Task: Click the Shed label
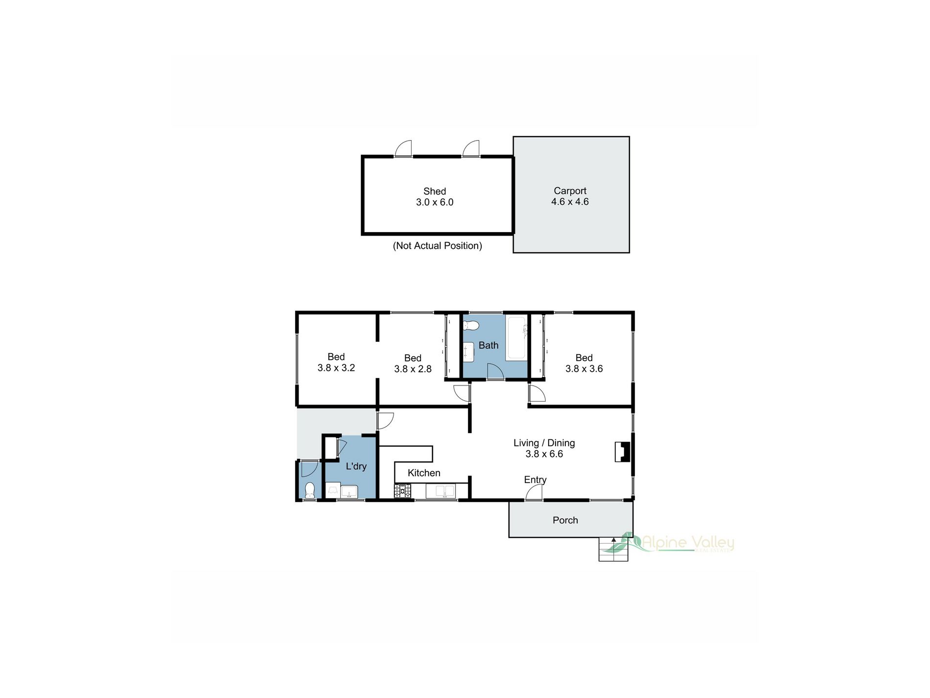coord(435,192)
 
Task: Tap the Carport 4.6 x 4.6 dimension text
coord(570,202)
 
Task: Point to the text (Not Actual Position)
coord(437,246)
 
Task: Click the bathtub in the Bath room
coord(517,338)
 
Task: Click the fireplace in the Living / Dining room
coord(623,452)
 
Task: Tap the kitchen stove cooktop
coord(403,490)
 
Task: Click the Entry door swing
coord(534,492)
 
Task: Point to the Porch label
coord(565,520)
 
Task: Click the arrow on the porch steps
coord(614,540)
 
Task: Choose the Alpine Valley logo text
coord(688,542)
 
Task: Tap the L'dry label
coord(356,466)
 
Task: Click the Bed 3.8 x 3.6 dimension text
coord(584,369)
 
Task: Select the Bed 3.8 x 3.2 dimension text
coord(336,368)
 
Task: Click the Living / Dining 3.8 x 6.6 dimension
coord(544,454)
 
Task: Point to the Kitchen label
coord(424,473)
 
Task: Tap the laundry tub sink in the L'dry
coord(349,491)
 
